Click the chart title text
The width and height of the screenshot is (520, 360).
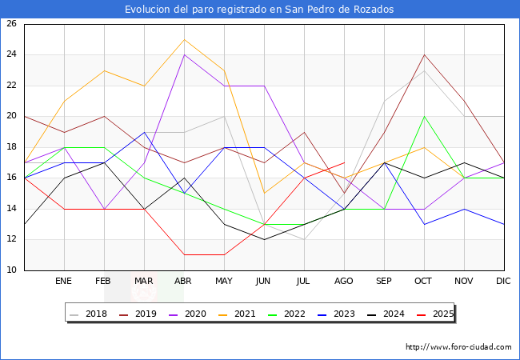coord(259,9)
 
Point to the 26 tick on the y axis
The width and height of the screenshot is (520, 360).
coord(12,24)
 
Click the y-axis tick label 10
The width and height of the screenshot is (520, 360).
coord(12,270)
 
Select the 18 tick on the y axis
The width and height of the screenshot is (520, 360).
coord(12,147)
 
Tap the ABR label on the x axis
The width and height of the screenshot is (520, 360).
coord(184,282)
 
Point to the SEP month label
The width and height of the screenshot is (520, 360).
coord(384,282)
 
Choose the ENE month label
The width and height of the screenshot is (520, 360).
coord(64,282)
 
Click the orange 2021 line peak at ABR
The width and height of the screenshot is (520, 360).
coord(185,39)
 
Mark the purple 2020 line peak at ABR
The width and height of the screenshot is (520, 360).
coord(185,55)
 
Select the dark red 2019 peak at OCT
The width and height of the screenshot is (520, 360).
coord(424,55)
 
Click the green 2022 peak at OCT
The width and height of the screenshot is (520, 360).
coord(424,117)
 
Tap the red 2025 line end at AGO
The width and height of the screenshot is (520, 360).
coord(344,162)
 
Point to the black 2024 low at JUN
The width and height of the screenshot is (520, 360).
coord(264,239)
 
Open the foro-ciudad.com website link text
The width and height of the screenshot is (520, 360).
coord(458,347)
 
